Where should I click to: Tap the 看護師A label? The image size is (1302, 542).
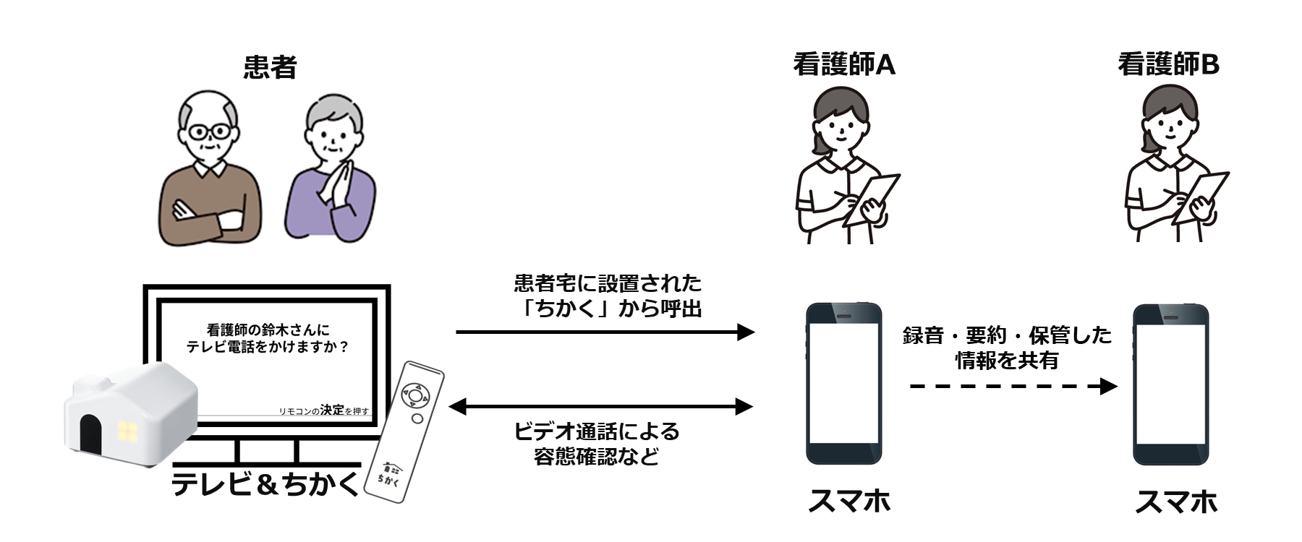click(844, 65)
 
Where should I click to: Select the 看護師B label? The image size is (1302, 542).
click(1168, 65)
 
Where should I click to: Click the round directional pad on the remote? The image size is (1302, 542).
click(414, 396)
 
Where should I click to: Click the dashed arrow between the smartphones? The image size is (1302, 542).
click(1013, 387)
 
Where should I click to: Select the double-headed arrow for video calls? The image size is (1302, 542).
click(601, 407)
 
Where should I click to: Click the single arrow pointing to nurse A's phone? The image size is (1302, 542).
click(605, 332)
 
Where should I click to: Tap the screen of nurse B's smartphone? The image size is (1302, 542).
click(1170, 383)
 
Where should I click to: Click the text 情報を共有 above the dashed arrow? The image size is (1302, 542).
click(1007, 360)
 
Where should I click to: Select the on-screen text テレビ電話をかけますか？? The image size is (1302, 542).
click(268, 347)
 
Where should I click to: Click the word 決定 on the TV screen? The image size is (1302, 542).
click(332, 409)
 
